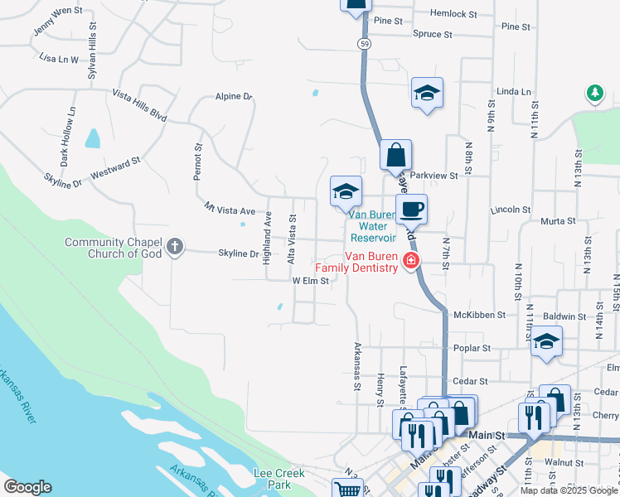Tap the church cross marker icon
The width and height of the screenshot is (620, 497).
[x=174, y=246]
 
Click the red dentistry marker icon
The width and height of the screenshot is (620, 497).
[x=409, y=263]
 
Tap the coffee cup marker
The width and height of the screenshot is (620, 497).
[x=411, y=209]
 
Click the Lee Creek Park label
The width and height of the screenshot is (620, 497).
[x=279, y=478]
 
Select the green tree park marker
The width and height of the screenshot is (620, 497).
[x=594, y=93]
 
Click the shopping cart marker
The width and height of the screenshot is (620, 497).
[x=348, y=489]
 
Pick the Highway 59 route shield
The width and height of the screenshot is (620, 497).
[x=363, y=43]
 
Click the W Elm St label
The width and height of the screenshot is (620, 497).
[x=311, y=281]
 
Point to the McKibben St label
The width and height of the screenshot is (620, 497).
[x=474, y=315]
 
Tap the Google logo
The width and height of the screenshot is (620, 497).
[x=27, y=487]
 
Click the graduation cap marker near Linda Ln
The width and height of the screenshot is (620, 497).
[x=427, y=93]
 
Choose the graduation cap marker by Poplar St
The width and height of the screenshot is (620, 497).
[x=546, y=341]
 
